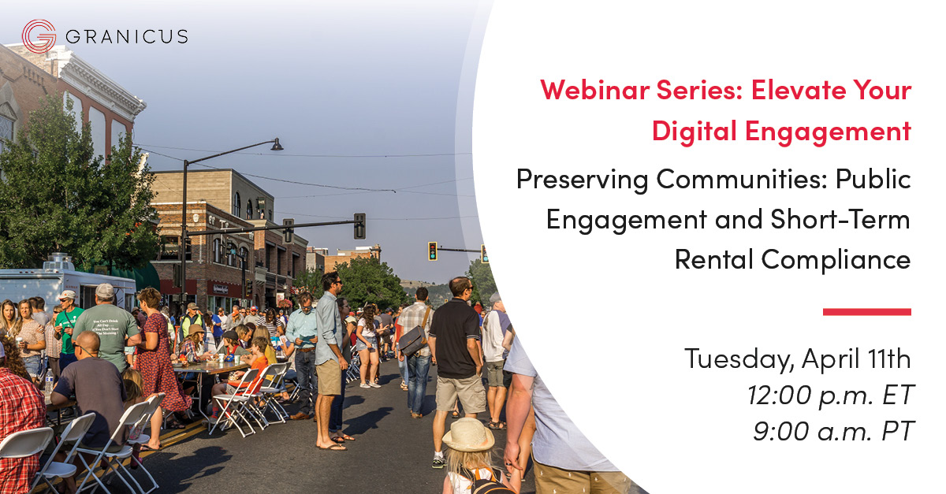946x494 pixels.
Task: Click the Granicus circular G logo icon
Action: pos(39,36)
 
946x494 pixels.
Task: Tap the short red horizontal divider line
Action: pos(866,312)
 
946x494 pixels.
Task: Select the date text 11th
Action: pos(887,359)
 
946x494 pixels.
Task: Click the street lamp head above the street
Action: pos(276,145)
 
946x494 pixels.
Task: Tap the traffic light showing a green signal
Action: pos(432,251)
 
